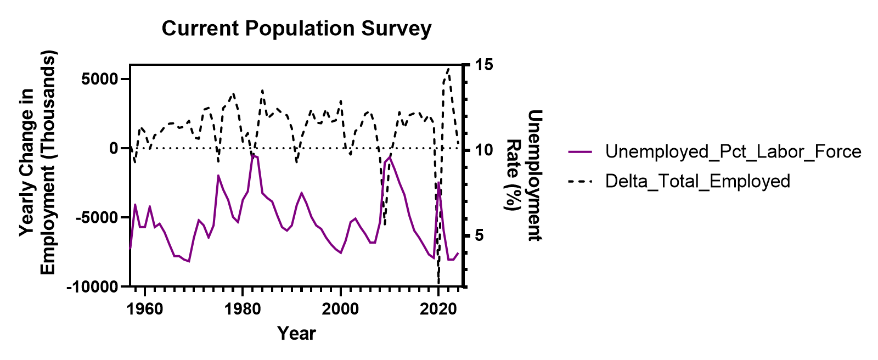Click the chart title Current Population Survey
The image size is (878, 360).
coord(296,29)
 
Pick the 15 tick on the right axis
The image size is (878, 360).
coord(485,65)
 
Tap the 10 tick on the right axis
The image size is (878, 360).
coord(485,150)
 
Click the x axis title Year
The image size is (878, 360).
coord(296,333)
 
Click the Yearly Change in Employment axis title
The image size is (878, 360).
coord(38,163)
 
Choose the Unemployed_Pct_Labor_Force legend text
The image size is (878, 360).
coord(733,151)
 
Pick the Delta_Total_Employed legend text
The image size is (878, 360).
coord(697,181)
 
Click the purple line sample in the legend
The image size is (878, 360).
coord(580,151)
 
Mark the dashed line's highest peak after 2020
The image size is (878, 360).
coord(448,69)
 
